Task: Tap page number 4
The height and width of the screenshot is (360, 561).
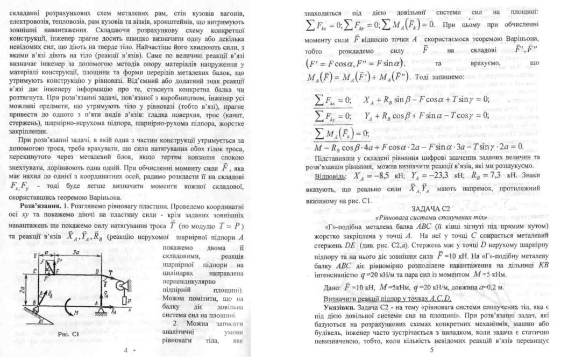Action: pos(125,350)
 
